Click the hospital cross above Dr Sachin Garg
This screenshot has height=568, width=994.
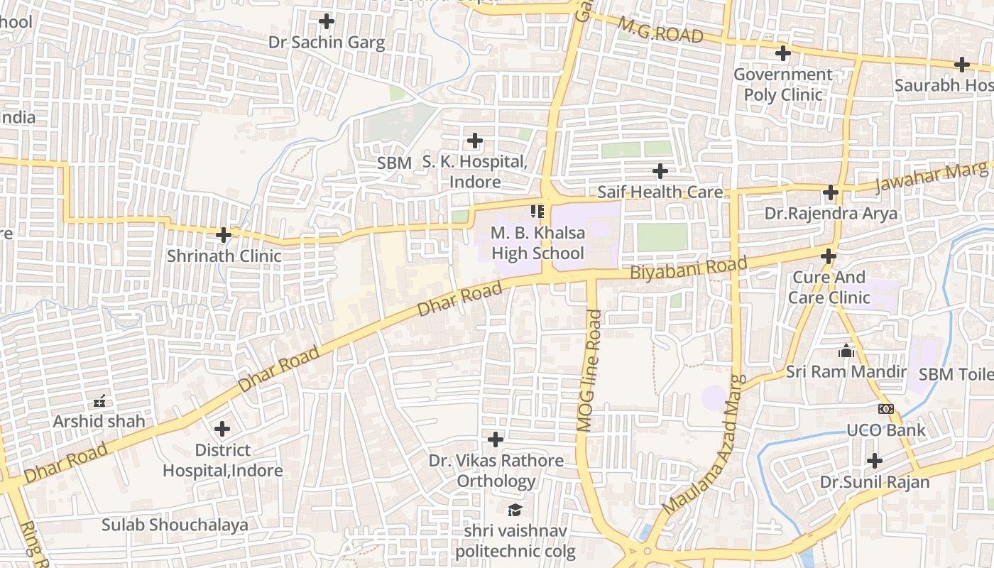327,21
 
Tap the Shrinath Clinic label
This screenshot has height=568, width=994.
224,256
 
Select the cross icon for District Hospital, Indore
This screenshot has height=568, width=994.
222,429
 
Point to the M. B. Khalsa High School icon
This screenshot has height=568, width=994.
537,212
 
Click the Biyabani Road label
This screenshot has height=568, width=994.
688,268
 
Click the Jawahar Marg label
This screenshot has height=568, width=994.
931,177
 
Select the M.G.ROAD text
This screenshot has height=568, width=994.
660,31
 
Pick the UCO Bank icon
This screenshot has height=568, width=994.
885,409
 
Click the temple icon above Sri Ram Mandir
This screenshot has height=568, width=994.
846,351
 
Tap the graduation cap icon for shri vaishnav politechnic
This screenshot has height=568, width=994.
515,510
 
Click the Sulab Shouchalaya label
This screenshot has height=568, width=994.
175,525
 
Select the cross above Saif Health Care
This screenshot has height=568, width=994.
660,171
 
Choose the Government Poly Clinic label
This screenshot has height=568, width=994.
782,84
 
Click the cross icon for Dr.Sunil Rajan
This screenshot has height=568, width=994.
875,461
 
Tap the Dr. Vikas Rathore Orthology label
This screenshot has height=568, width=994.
496,471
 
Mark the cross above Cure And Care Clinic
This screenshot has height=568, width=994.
829,256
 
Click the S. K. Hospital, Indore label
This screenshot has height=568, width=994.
475,172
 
